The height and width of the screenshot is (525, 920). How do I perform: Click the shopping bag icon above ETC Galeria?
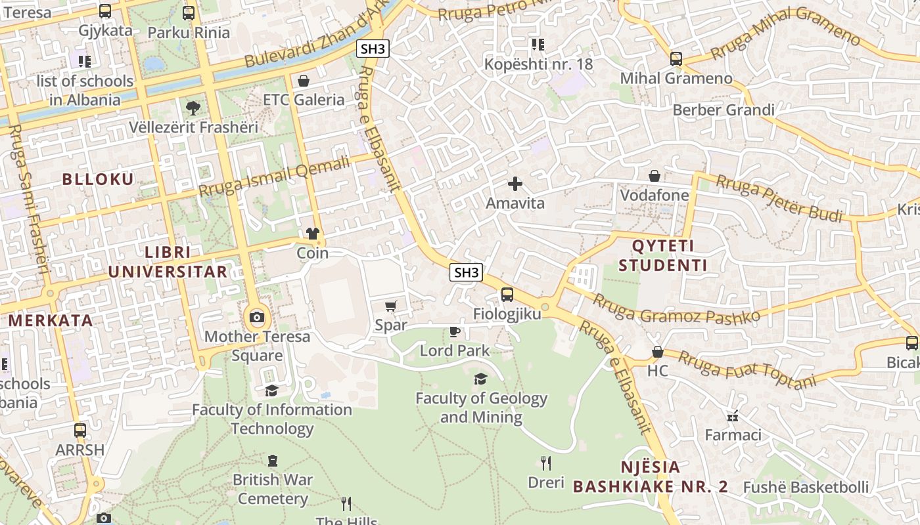[x=304, y=81]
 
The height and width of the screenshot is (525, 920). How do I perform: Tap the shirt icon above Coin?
[x=313, y=234]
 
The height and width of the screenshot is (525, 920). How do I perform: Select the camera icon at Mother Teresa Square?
[x=257, y=318]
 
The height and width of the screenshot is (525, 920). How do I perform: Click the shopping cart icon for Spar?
[x=391, y=306]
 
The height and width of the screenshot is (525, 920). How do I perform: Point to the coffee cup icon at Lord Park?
[x=454, y=331]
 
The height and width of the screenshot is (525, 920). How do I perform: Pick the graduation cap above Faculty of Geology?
[x=481, y=379]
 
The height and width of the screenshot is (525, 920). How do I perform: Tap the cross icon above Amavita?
[x=515, y=184]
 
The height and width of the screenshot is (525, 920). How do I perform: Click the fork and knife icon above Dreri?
[x=546, y=463]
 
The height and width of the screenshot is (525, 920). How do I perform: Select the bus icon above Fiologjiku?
[x=507, y=295]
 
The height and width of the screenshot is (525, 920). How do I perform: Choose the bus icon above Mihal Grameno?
[x=676, y=59]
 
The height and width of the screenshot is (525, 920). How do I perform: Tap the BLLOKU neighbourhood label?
[x=98, y=179]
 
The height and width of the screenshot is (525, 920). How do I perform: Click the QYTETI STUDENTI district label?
[x=662, y=256]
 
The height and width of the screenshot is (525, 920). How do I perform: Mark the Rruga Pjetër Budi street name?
[x=779, y=198]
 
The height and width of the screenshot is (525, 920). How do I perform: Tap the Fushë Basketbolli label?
[x=806, y=488]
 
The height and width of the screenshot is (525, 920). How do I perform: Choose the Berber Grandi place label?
[x=724, y=110]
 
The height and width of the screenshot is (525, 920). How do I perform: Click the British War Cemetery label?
[x=273, y=489]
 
